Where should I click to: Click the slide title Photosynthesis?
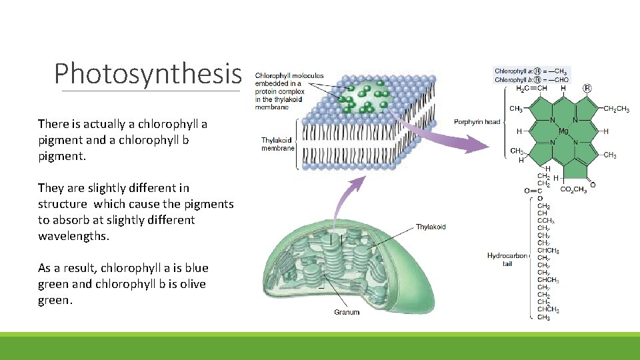[147, 73]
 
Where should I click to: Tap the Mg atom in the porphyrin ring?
[563, 131]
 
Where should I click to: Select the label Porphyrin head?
[477, 122]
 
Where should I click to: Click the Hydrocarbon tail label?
[507, 259]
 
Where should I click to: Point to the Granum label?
[347, 312]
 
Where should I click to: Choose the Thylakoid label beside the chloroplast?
[431, 227]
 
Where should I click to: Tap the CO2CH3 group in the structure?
[574, 189]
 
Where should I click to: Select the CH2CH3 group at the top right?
[616, 109]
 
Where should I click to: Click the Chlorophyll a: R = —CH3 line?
[531, 71]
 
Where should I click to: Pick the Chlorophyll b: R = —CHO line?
[531, 79]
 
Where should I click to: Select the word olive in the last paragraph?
[189, 284]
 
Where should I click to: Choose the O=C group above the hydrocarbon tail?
[533, 190]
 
